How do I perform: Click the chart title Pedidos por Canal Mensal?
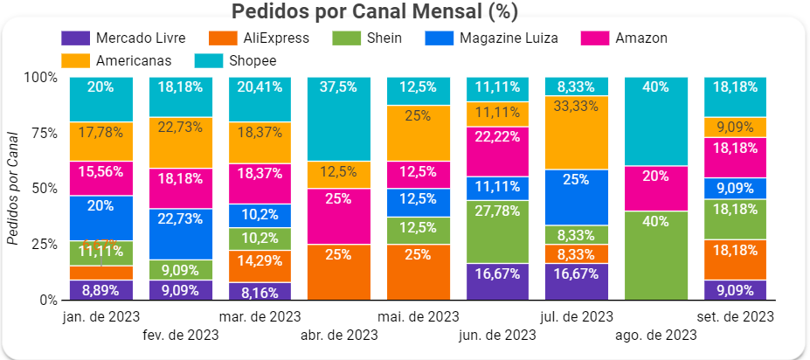pyautogui.click(x=375, y=12)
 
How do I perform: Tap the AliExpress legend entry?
pyautogui.click(x=262, y=38)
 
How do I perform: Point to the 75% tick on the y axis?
pyautogui.click(x=43, y=133)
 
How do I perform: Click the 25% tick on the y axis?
pyautogui.click(x=43, y=244)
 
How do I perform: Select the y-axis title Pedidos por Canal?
pyautogui.click(x=12, y=188)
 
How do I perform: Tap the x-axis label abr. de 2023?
pyautogui.click(x=339, y=335)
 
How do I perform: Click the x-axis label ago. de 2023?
pyautogui.click(x=657, y=335)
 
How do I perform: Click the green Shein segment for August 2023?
pyautogui.click(x=657, y=255)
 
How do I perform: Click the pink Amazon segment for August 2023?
pyautogui.click(x=657, y=188)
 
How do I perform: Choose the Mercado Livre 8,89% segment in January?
pyautogui.click(x=100, y=290)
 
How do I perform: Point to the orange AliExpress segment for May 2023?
pyautogui.click(x=419, y=272)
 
